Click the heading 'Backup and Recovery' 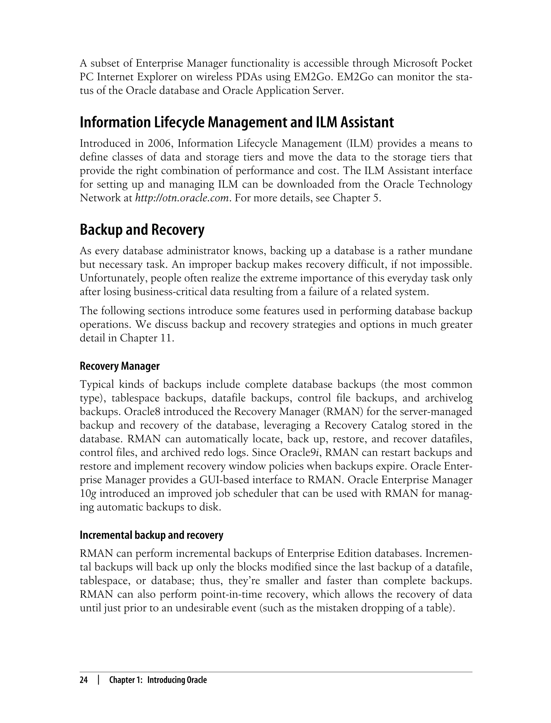pos(142,230)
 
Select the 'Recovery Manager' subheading pos(119,366)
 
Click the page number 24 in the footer pos(84,680)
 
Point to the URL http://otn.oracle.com pos(182,198)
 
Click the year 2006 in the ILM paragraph pos(159,144)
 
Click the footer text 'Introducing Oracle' pos(177,680)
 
